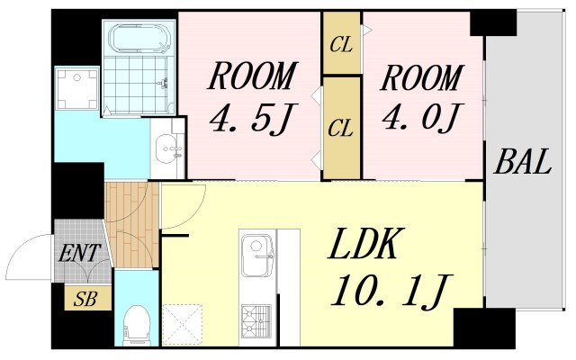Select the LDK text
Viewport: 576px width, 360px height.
[x=369, y=244]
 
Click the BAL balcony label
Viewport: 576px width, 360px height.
[x=523, y=165]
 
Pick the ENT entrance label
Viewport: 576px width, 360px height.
[x=80, y=255]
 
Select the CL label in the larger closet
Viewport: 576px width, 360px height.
[x=340, y=128]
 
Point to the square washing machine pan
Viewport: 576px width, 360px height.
[x=77, y=89]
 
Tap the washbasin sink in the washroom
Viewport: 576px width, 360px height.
[x=167, y=149]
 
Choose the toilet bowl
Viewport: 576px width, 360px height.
[x=138, y=321]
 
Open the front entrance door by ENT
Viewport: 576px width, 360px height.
[x=31, y=256]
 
